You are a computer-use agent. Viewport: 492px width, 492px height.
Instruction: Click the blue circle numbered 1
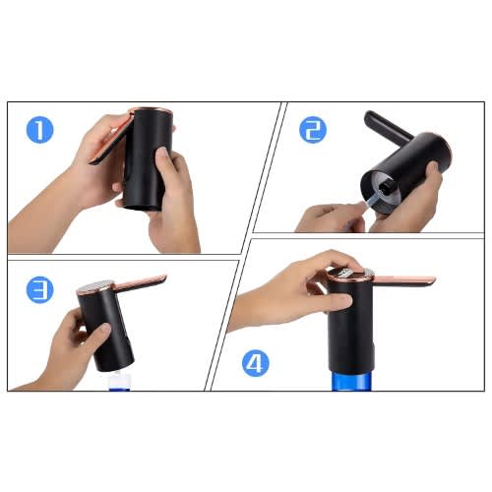(x=39, y=130)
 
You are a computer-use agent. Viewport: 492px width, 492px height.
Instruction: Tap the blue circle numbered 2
(x=313, y=130)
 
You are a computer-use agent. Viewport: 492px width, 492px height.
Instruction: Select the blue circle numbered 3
(x=39, y=290)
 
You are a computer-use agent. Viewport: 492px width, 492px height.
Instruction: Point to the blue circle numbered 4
(x=256, y=363)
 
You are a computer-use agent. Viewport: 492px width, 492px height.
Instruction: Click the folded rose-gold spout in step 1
(x=111, y=138)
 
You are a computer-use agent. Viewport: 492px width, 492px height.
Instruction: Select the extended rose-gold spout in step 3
(x=141, y=282)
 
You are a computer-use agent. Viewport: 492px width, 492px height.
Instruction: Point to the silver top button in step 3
(x=96, y=286)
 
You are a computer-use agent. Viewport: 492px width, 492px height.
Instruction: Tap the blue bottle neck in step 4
(x=351, y=381)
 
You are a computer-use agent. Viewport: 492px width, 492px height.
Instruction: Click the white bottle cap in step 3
(x=119, y=380)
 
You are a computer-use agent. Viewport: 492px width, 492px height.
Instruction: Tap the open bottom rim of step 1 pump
(x=143, y=207)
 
